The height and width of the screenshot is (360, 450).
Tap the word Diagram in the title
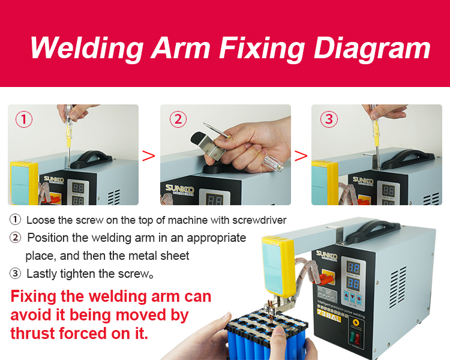pos(372,48)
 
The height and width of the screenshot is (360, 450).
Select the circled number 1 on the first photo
pos(24,119)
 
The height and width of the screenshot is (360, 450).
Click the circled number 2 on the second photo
pos(178,119)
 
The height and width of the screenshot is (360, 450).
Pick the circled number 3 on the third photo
pos(329,119)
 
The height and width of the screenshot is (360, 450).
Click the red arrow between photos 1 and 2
pos(148,156)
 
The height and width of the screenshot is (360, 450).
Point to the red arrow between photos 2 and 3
pos(301,156)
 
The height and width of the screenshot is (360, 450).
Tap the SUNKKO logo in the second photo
pos(179,190)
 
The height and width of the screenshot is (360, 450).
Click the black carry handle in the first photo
pos(91,159)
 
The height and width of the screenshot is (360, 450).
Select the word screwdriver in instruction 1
pos(259,220)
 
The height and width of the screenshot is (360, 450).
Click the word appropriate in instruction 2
pos(217,238)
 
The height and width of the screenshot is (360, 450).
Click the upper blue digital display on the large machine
pos(353,268)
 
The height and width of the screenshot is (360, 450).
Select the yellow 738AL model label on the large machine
pos(329,315)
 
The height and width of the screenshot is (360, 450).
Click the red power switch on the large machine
pos(358,338)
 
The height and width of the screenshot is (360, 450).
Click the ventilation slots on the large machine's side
pos(398,287)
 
